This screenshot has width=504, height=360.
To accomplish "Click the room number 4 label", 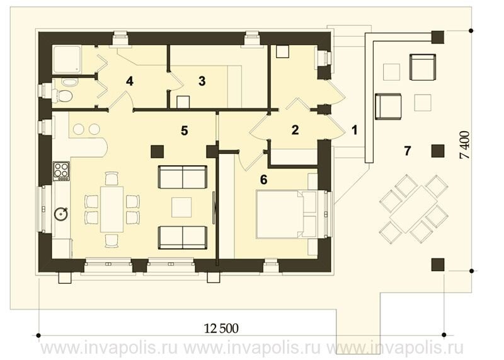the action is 130,81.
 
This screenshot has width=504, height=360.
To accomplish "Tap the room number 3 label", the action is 202,81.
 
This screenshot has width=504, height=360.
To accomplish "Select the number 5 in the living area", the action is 184,131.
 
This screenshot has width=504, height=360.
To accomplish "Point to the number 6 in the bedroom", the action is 263,180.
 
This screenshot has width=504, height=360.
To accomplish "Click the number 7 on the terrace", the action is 408,151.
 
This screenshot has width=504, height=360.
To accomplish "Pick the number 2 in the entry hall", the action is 295,130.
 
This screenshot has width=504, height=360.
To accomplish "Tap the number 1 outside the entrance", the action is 354,130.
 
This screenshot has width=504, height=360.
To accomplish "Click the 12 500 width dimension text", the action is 222,328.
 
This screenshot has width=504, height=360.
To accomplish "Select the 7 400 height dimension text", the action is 465,145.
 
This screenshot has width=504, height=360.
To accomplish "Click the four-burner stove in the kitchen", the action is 61,170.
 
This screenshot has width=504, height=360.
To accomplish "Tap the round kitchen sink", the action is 60,213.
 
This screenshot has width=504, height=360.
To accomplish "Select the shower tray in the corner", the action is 67,59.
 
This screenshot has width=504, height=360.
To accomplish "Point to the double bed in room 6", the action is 287,214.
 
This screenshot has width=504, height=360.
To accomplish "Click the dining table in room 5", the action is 112,209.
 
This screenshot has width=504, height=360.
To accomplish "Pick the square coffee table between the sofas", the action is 181,207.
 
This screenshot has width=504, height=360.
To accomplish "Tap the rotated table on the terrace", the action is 414,209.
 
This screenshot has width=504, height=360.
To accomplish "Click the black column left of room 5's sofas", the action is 157,151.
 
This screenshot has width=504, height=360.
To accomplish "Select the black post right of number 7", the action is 437,151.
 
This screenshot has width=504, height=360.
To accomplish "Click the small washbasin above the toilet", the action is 68,82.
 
